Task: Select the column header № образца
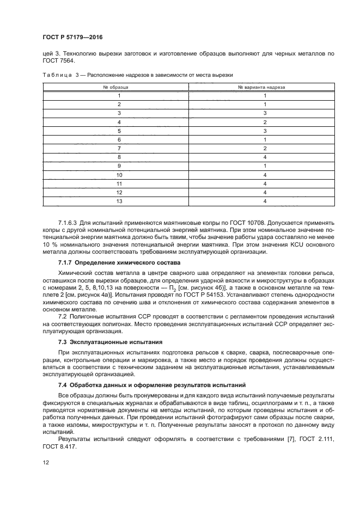coord(115,87)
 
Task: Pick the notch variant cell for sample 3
coord(265,113)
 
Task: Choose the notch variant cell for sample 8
coord(265,157)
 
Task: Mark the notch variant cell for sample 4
coord(265,122)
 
